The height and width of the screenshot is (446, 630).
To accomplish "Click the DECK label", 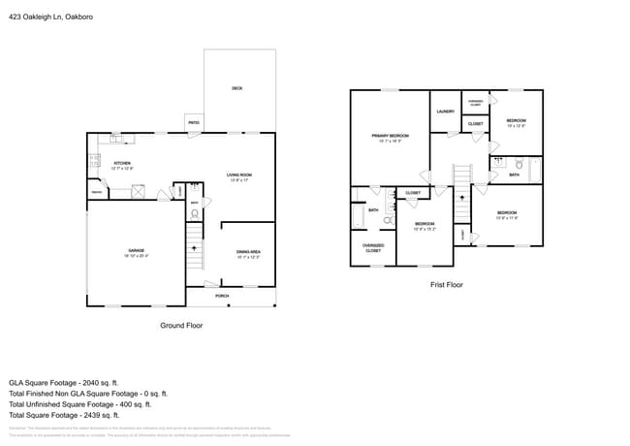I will click(x=236, y=88).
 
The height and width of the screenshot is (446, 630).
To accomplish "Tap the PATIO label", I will click(x=194, y=123).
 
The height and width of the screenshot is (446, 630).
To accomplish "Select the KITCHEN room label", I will click(x=122, y=163).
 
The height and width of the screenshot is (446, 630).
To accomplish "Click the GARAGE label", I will click(x=136, y=251).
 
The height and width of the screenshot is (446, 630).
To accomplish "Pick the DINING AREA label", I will click(x=248, y=252).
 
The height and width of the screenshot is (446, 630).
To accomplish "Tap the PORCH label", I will click(x=222, y=295).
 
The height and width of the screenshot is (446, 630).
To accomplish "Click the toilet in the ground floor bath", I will click(x=194, y=213).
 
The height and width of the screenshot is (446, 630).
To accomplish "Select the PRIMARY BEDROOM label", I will click(x=390, y=136).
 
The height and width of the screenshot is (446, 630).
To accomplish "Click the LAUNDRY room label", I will click(x=446, y=111).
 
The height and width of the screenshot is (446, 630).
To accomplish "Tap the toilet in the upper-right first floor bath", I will click(x=519, y=163).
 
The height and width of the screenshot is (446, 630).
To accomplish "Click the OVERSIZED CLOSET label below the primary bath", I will click(x=373, y=247).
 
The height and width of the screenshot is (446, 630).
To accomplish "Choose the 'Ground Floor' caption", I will click(x=181, y=326).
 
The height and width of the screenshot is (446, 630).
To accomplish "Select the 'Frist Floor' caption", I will click(x=446, y=285).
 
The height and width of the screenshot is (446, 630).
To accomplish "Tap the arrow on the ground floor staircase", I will click(x=195, y=248).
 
